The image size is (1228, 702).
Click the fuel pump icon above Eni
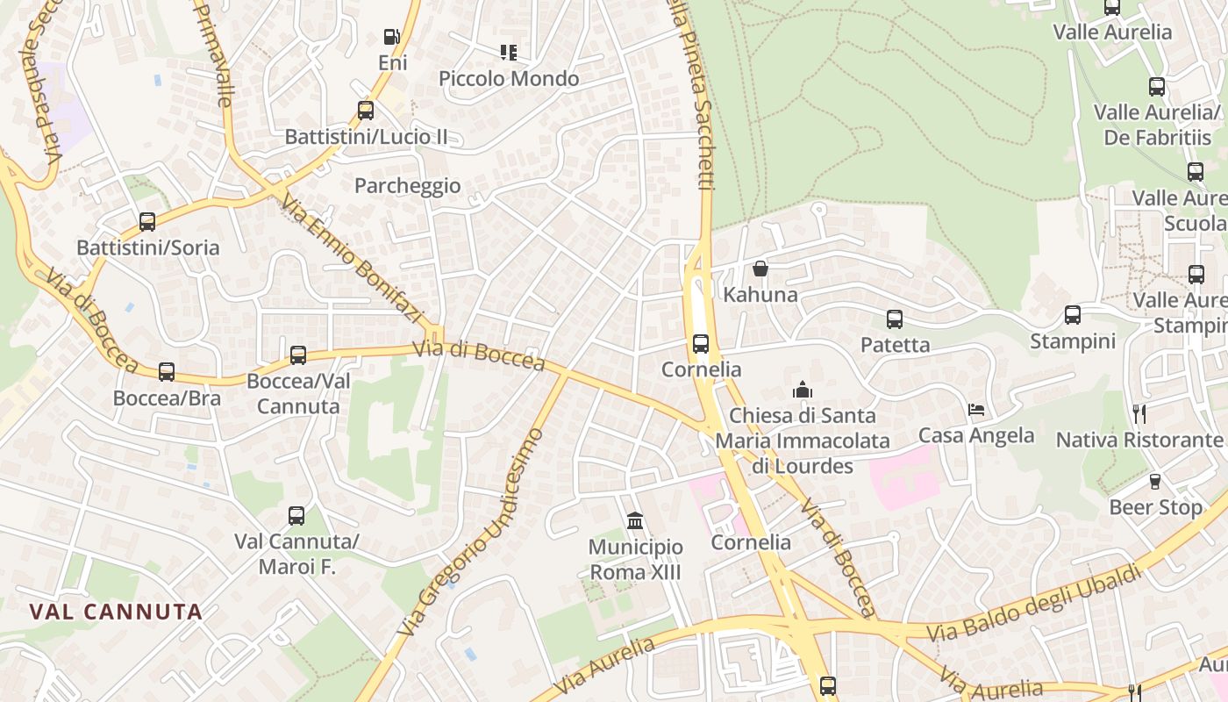(x=391, y=37)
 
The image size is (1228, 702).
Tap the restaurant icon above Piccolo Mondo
(x=509, y=53)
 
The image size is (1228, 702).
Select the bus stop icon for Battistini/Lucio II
(x=366, y=111)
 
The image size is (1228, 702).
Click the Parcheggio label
(x=407, y=186)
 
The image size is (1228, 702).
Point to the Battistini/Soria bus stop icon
(x=147, y=222)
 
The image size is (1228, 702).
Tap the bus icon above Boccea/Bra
(x=167, y=372)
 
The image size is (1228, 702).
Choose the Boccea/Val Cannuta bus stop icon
(x=298, y=355)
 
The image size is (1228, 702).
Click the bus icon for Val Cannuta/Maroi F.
(x=296, y=516)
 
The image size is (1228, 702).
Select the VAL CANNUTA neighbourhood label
(x=116, y=612)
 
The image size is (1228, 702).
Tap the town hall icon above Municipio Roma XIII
(x=635, y=522)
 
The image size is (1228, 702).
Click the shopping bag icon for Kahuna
(x=760, y=269)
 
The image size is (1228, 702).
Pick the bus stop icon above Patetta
(x=895, y=319)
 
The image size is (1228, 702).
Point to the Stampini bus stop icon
(x=1073, y=315)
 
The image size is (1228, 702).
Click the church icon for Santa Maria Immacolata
(x=802, y=390)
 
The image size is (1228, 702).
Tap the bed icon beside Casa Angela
(x=976, y=410)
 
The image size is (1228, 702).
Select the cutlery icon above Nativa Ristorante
(x=1139, y=413)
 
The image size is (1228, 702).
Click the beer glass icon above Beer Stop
(x=1155, y=482)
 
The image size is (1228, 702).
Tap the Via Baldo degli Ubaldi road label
(x=1035, y=603)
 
